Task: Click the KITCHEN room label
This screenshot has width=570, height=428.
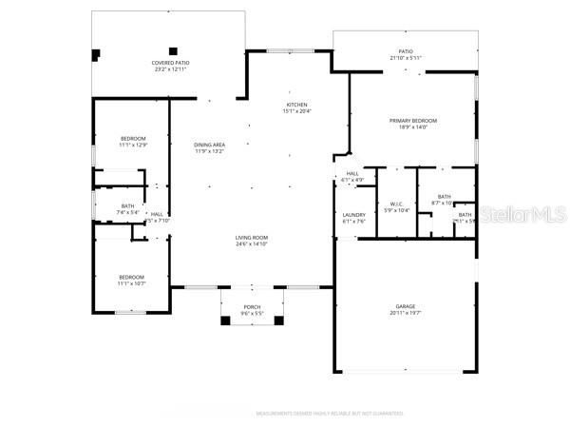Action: pyautogui.click(x=296, y=105)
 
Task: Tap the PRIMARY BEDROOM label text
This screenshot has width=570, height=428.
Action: pyautogui.click(x=412, y=121)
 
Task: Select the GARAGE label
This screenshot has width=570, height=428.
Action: pyautogui.click(x=406, y=306)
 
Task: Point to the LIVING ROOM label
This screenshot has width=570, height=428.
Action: pyautogui.click(x=252, y=238)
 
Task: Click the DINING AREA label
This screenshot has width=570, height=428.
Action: pyautogui.click(x=209, y=144)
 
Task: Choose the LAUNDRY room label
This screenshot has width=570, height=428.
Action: pyautogui.click(x=353, y=215)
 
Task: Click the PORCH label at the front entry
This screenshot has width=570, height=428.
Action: pyautogui.click(x=252, y=306)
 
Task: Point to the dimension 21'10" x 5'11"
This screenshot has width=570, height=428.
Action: pyautogui.click(x=406, y=58)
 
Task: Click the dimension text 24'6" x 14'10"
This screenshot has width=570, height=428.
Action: pyautogui.click(x=252, y=244)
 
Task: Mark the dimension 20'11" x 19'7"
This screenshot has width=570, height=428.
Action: pyautogui.click(x=406, y=313)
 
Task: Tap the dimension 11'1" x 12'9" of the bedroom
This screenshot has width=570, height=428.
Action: pyautogui.click(x=133, y=146)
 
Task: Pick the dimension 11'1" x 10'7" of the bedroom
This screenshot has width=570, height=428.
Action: pyautogui.click(x=131, y=283)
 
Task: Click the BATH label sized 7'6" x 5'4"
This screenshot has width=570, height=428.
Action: pyautogui.click(x=127, y=206)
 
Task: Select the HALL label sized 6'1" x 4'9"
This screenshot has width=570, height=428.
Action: pyautogui.click(x=351, y=173)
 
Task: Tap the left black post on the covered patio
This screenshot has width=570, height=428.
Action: pyautogui.click(x=95, y=53)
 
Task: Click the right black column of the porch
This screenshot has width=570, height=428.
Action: pyautogui.click(x=277, y=321)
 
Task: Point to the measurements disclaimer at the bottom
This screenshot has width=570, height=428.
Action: pyautogui.click(x=330, y=414)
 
